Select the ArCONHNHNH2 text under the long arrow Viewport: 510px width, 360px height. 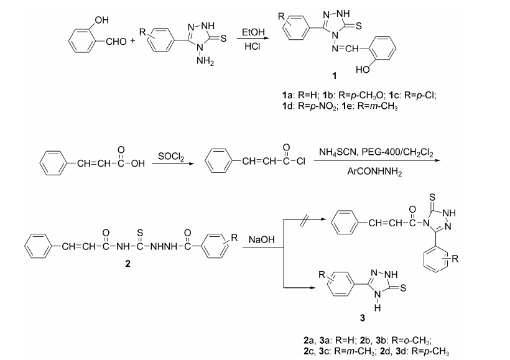tap(374, 173)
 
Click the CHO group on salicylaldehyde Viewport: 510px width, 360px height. tap(114, 41)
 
